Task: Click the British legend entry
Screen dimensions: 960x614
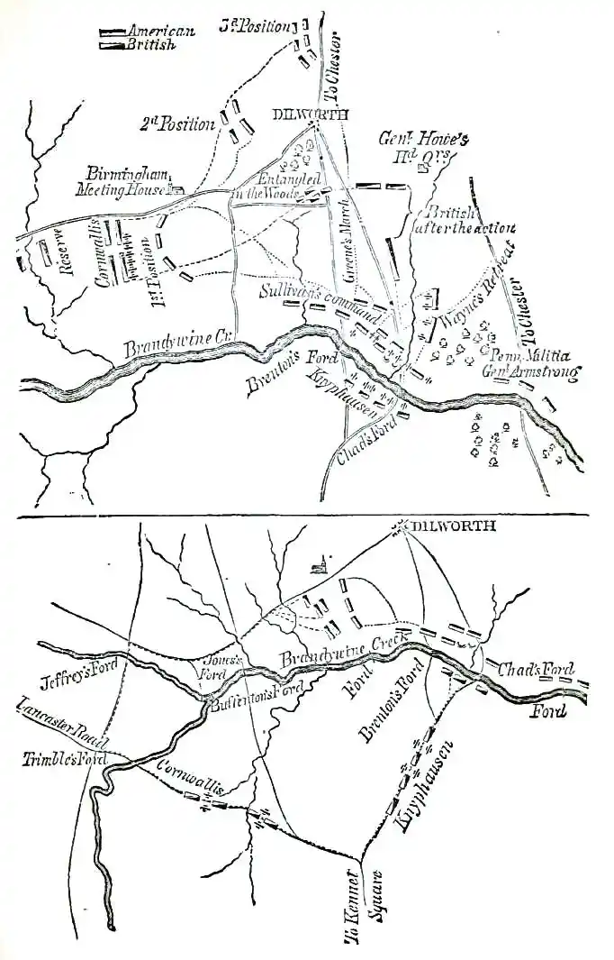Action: click(150, 44)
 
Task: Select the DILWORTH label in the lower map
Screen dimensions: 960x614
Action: click(453, 526)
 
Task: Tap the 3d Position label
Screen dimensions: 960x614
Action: click(255, 25)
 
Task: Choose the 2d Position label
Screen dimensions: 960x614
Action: click(177, 124)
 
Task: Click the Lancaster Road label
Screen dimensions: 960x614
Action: click(61, 725)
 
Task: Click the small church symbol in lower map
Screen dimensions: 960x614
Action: click(316, 565)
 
